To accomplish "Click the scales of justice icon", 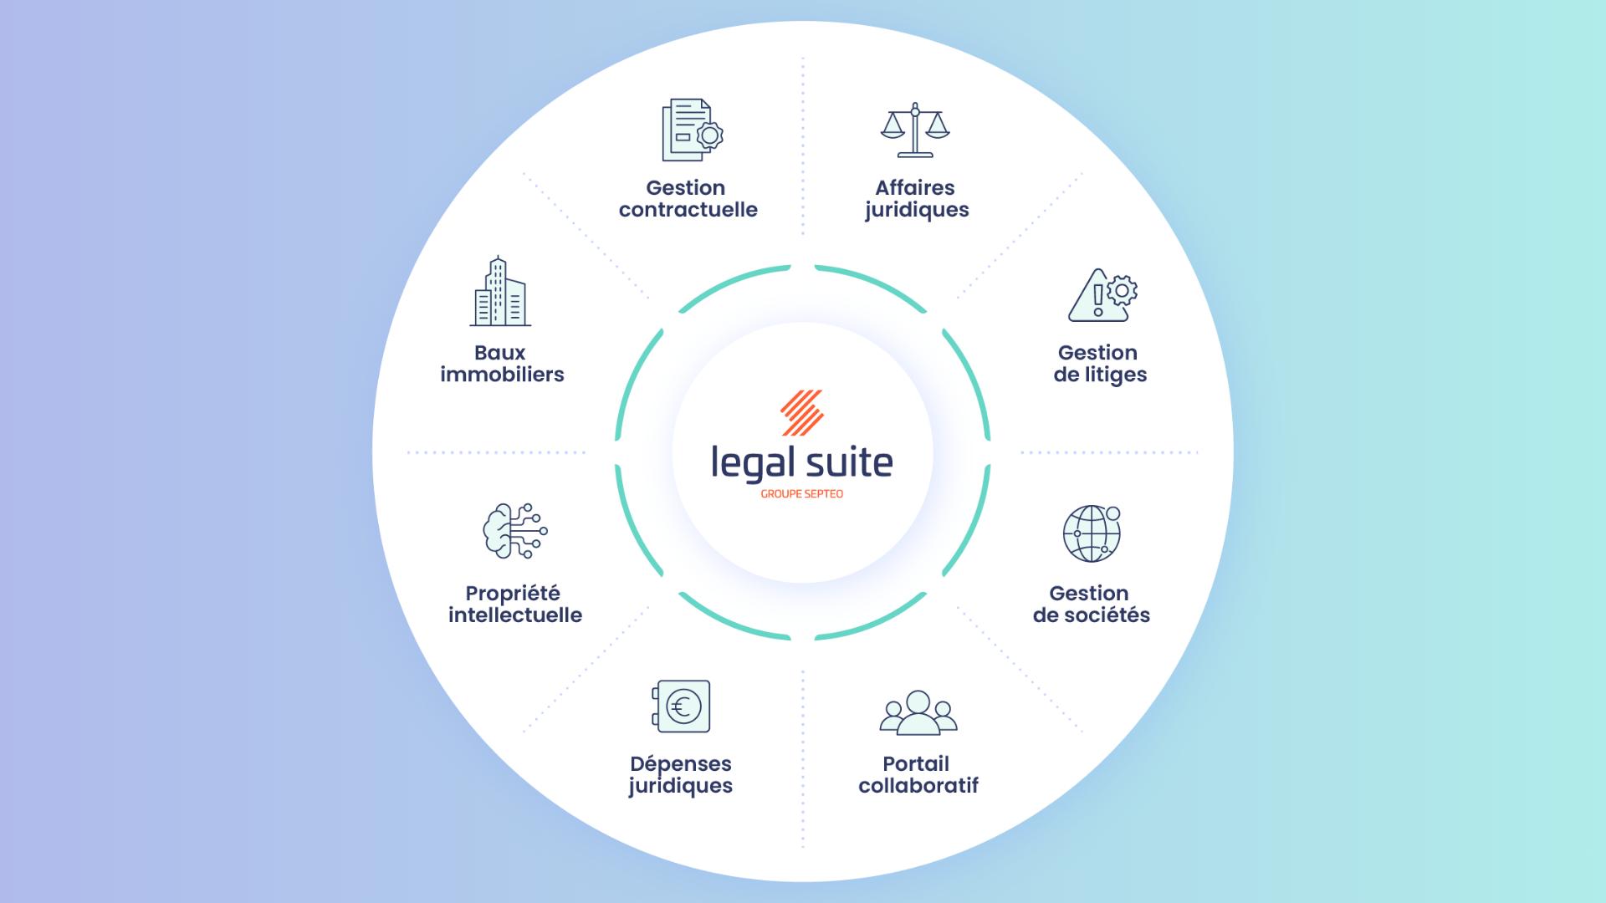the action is [x=915, y=130].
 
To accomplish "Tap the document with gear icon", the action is [x=691, y=130].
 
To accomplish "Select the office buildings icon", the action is [x=500, y=292].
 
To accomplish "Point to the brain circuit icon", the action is [x=514, y=531].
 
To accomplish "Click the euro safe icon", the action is [x=682, y=707].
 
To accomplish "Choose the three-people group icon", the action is [x=918, y=713].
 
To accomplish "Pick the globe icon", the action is [x=1092, y=533].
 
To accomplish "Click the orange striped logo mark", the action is [x=802, y=412].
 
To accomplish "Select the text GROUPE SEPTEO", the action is [x=801, y=494].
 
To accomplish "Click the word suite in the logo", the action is [x=849, y=463].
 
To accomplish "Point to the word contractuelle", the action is [x=688, y=210].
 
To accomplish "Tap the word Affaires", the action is [x=915, y=188].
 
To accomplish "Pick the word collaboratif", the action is [x=918, y=786].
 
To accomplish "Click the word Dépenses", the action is [x=680, y=764].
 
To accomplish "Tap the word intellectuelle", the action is [x=514, y=615].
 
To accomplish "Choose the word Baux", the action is [x=499, y=353].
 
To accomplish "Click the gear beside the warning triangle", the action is [x=1122, y=290].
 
